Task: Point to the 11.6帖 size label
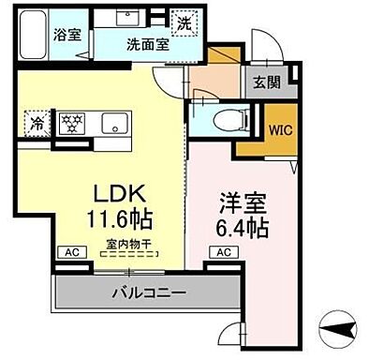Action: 120,222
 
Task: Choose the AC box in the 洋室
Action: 225,252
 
